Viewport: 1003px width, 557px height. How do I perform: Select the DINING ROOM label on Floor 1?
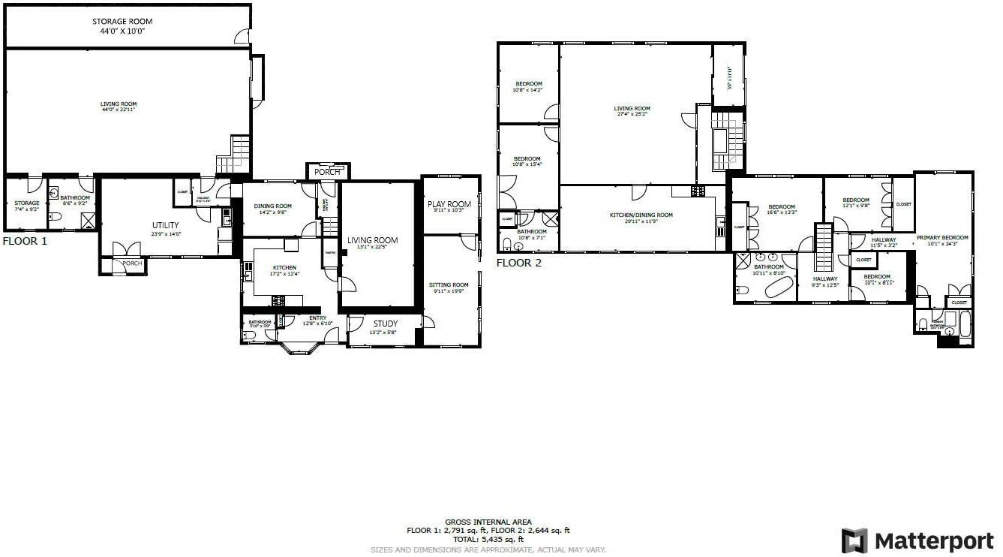click(x=272, y=209)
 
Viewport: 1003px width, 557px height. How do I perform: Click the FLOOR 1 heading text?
click(x=24, y=242)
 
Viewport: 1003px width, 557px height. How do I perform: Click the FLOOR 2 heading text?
click(x=518, y=263)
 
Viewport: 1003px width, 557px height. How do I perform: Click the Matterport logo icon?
click(x=854, y=540)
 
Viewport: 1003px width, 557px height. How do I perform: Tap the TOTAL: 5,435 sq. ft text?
click(x=488, y=539)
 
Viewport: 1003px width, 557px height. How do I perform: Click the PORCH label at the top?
click(x=326, y=172)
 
